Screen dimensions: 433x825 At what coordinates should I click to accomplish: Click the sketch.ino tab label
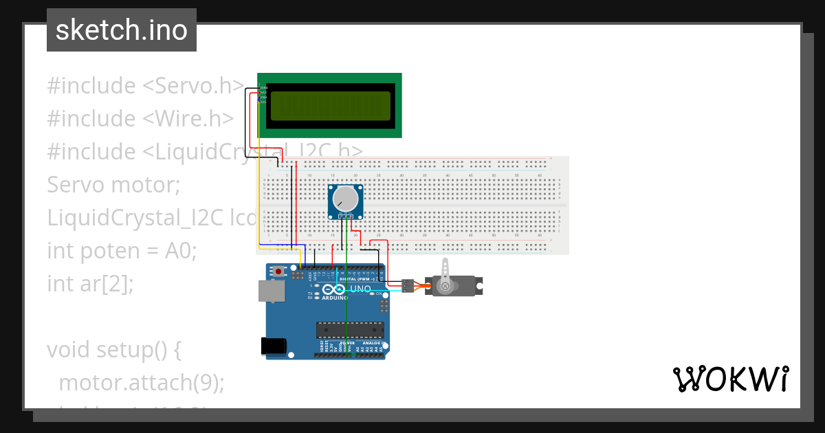121,30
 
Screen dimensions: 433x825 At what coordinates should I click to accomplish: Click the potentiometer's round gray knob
345,199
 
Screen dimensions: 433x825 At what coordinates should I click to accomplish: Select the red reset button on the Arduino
278,271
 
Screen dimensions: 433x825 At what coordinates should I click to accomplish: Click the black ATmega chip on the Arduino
349,330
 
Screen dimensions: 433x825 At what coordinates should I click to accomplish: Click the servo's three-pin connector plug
408,285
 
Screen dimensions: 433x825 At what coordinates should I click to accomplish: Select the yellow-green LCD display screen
329,106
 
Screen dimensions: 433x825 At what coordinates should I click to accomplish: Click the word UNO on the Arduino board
360,289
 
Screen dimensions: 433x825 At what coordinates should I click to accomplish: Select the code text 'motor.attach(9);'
142,382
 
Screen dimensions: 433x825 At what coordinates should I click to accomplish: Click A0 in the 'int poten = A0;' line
181,251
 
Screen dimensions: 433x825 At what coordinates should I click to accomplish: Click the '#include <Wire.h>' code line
140,119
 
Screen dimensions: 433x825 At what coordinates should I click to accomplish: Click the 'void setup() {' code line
113,350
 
